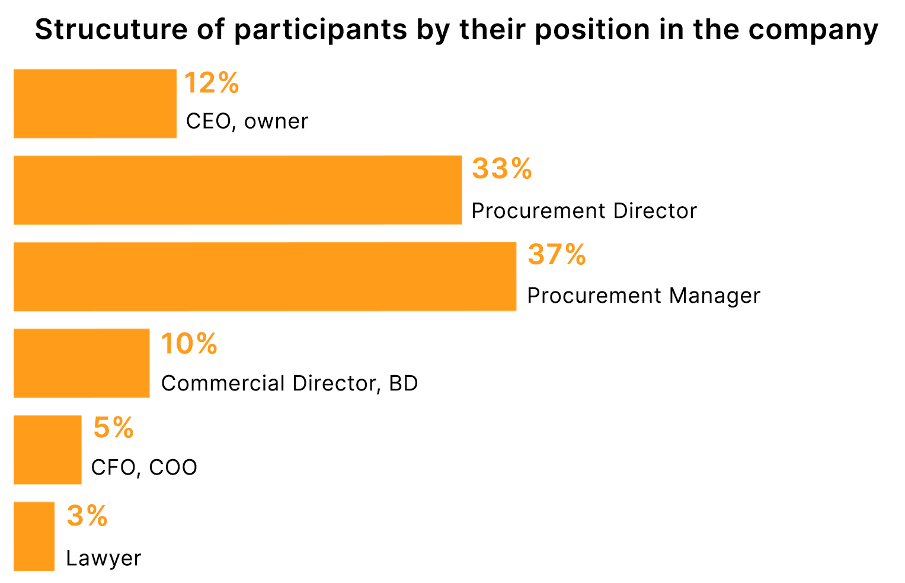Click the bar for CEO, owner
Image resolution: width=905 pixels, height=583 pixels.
tap(95, 104)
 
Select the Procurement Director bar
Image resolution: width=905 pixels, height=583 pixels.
tap(237, 190)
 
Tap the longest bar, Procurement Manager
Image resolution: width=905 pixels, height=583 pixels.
tap(264, 277)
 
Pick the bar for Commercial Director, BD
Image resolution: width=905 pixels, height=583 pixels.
tap(81, 363)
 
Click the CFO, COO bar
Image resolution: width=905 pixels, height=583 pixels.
tap(47, 450)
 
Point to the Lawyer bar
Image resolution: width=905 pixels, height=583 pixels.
tap(34, 536)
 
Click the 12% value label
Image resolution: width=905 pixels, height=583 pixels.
tap(212, 83)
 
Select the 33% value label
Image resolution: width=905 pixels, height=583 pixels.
tap(502, 169)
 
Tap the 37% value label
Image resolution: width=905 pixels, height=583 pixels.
tap(557, 255)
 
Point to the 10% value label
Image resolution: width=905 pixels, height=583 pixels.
tap(189, 344)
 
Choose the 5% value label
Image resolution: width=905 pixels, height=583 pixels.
tap(114, 428)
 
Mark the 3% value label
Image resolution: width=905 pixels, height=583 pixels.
tap(87, 515)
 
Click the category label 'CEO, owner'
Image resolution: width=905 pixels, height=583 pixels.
tap(247, 121)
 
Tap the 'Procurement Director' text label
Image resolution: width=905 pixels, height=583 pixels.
tap(584, 211)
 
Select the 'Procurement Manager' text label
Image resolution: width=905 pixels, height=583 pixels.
tap(643, 296)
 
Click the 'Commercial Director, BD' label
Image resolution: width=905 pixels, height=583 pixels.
tap(289, 383)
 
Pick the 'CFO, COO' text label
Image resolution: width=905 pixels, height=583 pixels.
tap(144, 467)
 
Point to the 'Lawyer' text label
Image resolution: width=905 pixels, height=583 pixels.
tap(104, 558)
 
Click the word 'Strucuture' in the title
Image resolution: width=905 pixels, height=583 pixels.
tap(111, 30)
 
